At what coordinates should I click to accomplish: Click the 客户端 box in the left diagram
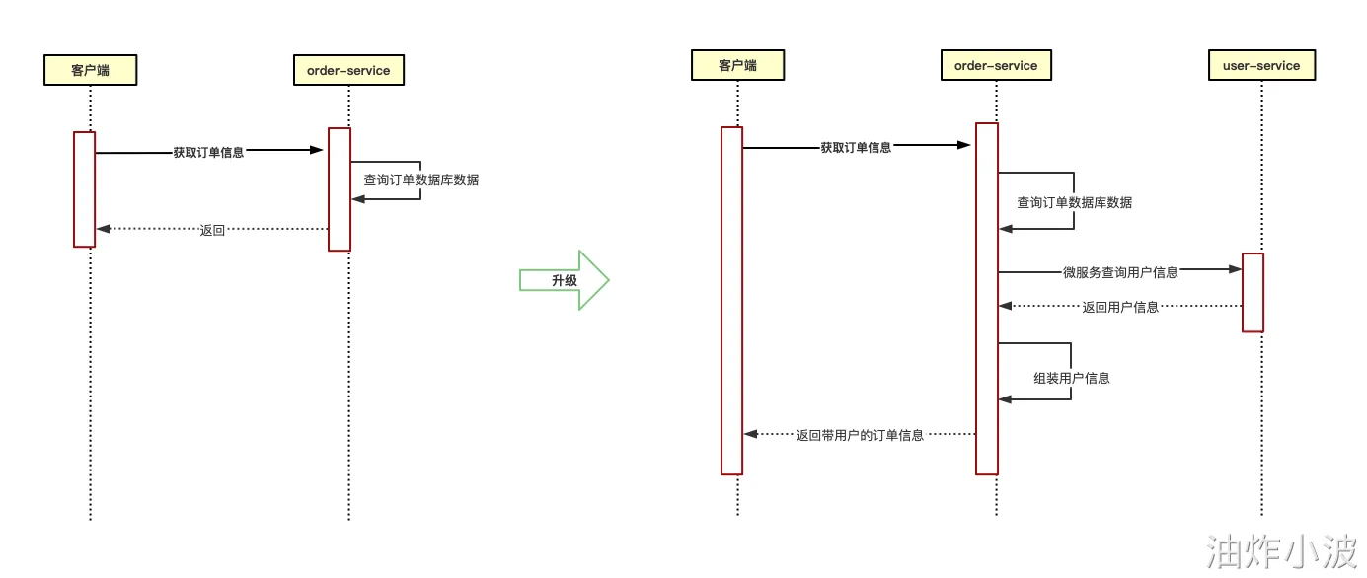pos(90,70)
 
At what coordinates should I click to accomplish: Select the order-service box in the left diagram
pos(348,70)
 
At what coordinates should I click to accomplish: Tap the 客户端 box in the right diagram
pos(737,66)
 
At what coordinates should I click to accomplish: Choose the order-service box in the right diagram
pos(996,66)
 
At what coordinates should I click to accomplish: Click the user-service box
pos(1261,66)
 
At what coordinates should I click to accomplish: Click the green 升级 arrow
pos(565,280)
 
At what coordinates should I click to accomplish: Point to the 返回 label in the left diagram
pos(212,230)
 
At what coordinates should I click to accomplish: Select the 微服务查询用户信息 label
pos(1120,272)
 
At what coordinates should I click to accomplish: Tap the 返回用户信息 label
pos(1120,307)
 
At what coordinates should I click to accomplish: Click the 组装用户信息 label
pos(1071,378)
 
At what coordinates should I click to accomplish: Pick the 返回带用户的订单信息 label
pos(860,435)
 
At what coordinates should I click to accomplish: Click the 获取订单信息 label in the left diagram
pos(208,153)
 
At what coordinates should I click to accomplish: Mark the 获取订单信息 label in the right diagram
pos(856,148)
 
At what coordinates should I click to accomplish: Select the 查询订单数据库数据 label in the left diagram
pos(421,181)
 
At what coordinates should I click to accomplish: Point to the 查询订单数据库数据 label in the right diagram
pos(1075,203)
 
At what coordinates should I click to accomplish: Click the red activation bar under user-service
pos(1253,292)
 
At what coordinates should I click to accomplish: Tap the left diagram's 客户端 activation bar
pos(84,188)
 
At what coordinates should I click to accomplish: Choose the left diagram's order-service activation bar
pos(340,188)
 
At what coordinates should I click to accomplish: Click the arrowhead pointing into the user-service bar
pos(1235,269)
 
